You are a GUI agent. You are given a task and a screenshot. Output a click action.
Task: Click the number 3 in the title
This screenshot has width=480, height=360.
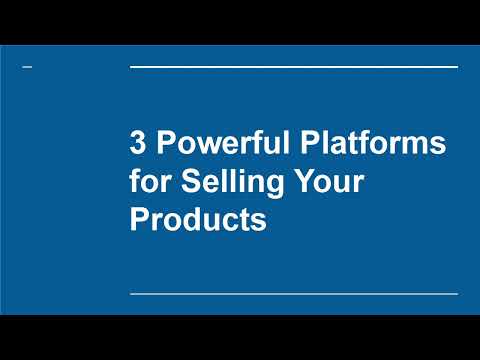[x=138, y=143]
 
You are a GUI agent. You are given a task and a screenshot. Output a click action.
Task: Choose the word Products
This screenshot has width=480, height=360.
[x=198, y=219]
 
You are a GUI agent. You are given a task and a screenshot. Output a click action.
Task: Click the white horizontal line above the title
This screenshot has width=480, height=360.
[x=294, y=67]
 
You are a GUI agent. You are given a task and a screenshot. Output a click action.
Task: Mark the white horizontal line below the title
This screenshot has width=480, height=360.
[x=294, y=294]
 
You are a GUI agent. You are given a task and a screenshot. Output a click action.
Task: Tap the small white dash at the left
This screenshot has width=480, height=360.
[x=26, y=67]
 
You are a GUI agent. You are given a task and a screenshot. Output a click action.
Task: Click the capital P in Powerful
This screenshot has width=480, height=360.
[x=163, y=143]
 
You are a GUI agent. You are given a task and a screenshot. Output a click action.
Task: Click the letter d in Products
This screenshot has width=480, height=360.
[x=194, y=219]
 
